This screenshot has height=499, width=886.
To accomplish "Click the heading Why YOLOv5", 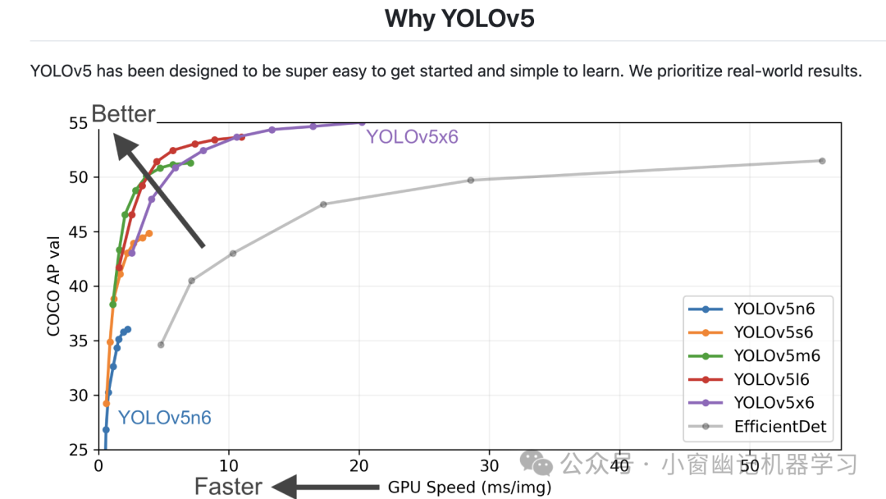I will pos(459,18).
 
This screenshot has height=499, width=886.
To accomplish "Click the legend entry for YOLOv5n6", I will pos(774,309).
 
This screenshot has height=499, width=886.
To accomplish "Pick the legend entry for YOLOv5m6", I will pos(776,355).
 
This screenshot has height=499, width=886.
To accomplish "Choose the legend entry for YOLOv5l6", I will pos(771,379).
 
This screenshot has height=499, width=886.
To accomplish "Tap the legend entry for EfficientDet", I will pos(779,426).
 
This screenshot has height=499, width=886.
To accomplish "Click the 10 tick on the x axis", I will pos(229,465).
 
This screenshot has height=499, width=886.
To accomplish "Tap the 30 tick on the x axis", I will pos(489,465).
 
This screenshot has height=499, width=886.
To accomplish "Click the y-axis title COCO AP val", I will pos(54,286).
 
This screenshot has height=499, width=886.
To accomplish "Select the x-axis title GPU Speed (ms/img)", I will pos(469,488).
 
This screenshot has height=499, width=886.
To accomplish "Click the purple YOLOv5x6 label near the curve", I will pos(412,137).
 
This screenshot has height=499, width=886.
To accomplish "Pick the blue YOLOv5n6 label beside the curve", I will pos(165,418).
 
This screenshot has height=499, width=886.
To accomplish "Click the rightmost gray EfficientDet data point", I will pos(822,161).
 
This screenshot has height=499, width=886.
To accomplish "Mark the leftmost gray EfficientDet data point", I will pos(161,345).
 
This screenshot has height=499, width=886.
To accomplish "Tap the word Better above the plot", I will pos(123,114).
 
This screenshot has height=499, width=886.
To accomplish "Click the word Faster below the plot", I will pos(228,487).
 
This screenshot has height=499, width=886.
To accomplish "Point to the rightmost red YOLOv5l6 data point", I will pos(242,137).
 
